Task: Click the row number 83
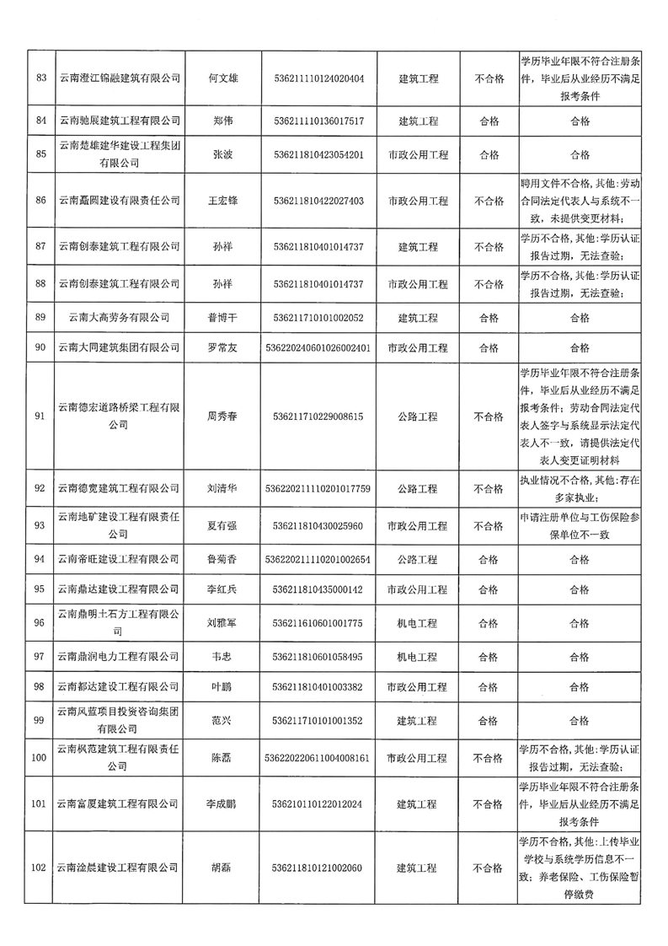[x=39, y=78]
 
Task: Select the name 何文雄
[x=222, y=78]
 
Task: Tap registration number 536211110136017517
[x=318, y=121]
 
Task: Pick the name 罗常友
[x=222, y=347]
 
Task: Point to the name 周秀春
[x=222, y=416]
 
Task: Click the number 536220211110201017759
[x=318, y=488]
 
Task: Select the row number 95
[x=39, y=589]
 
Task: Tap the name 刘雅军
[x=222, y=623]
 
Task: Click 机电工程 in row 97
[x=417, y=656]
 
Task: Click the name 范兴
[x=222, y=721]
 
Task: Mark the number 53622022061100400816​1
[x=318, y=758]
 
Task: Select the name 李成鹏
[x=222, y=804]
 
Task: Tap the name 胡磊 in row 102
[x=222, y=868]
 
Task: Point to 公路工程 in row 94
[x=417, y=559]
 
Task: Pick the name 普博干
[x=222, y=318]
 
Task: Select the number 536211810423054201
[x=318, y=155]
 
